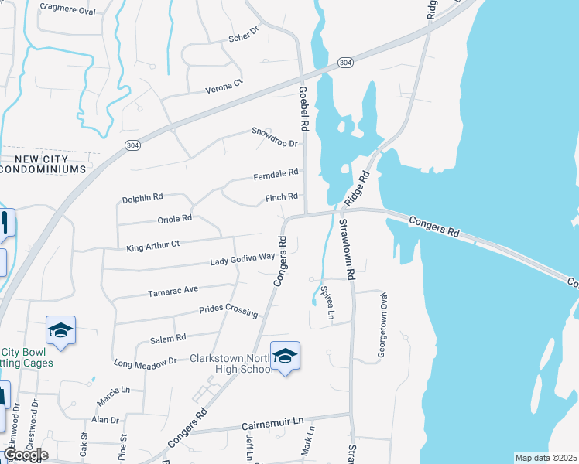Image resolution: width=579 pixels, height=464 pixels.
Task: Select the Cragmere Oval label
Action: pyautogui.click(x=67, y=11)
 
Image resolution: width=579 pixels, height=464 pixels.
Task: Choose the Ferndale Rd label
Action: pyautogui.click(x=276, y=176)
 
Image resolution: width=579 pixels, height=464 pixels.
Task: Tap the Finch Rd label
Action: pyautogui.click(x=282, y=197)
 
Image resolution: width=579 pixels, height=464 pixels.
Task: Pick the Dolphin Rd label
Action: pyautogui.click(x=142, y=199)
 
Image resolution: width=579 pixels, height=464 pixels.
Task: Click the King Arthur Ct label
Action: pyautogui.click(x=152, y=244)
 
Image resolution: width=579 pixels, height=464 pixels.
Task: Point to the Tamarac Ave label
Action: pyautogui.click(x=174, y=291)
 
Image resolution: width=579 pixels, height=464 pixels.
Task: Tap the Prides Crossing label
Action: pyautogui.click(x=228, y=310)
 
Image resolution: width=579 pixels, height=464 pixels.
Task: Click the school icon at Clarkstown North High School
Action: pyautogui.click(x=285, y=356)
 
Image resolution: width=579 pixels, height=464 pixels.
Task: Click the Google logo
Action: pyautogui.click(x=25, y=455)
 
